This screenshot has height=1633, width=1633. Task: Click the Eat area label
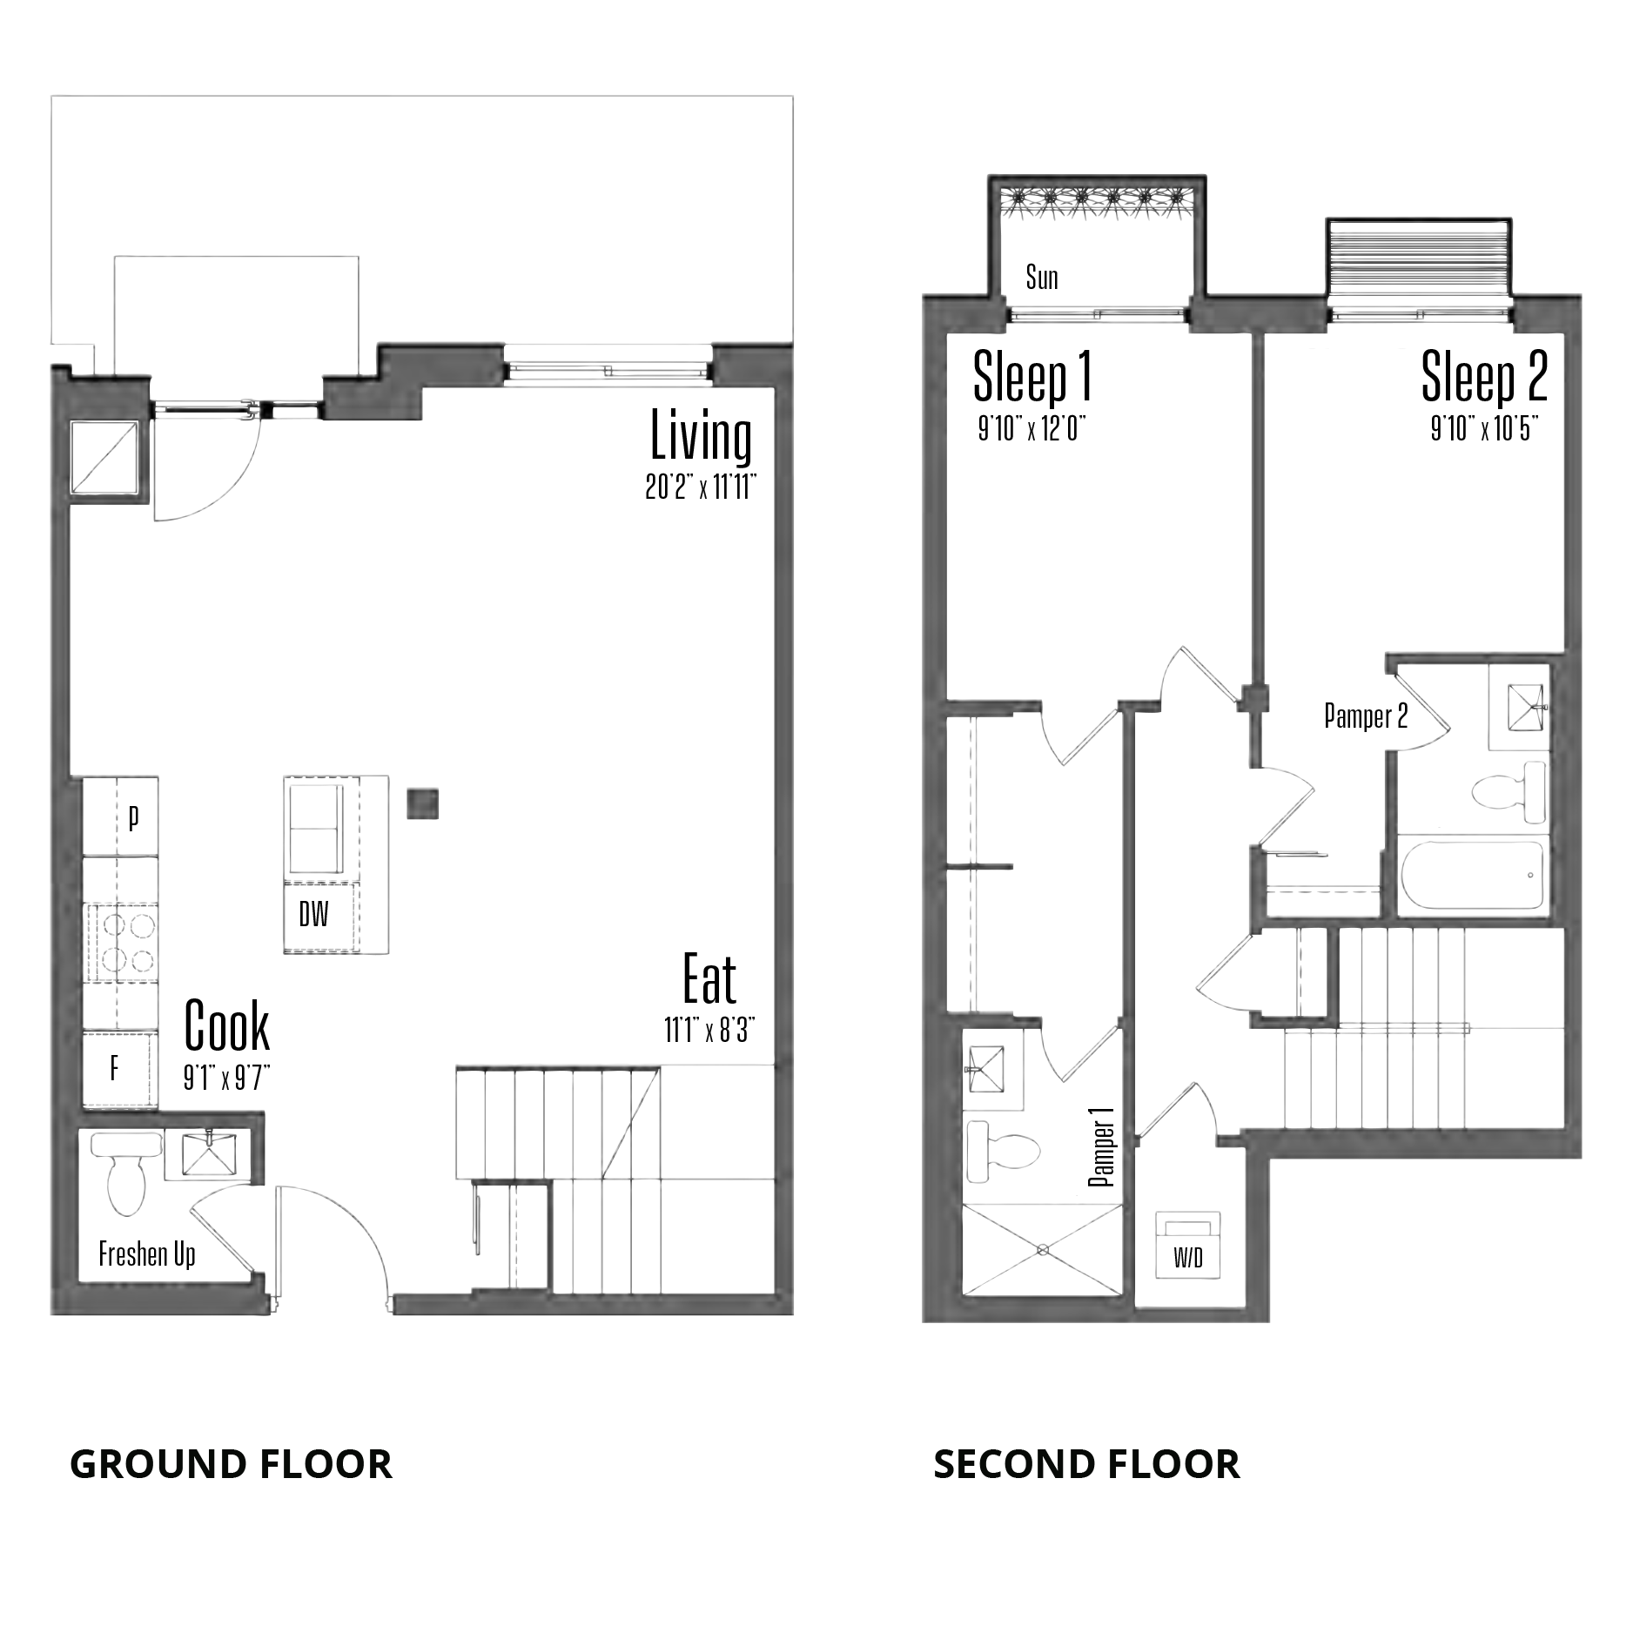pyautogui.click(x=709, y=980)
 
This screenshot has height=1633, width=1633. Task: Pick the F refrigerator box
pyautogui.click(x=120, y=1070)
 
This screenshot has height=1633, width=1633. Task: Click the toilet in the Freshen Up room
pyautogui.click(x=126, y=1172)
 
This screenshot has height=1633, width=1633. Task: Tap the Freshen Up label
pyautogui.click(x=147, y=1254)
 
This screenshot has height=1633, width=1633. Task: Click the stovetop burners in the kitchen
pyautogui.click(x=120, y=942)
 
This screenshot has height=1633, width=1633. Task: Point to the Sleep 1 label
pyautogui.click(x=1032, y=377)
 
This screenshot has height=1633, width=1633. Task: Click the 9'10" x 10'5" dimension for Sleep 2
pyautogui.click(x=1484, y=429)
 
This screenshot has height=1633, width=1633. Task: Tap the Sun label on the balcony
pyautogui.click(x=1042, y=278)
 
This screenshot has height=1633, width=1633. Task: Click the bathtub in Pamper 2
pyautogui.click(x=1473, y=876)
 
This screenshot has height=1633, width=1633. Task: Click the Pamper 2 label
pyautogui.click(x=1366, y=716)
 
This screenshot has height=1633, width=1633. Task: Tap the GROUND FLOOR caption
pyautogui.click(x=231, y=1464)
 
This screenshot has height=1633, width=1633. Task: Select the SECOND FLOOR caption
pyautogui.click(x=1086, y=1464)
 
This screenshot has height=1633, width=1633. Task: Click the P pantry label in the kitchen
pyautogui.click(x=133, y=819)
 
